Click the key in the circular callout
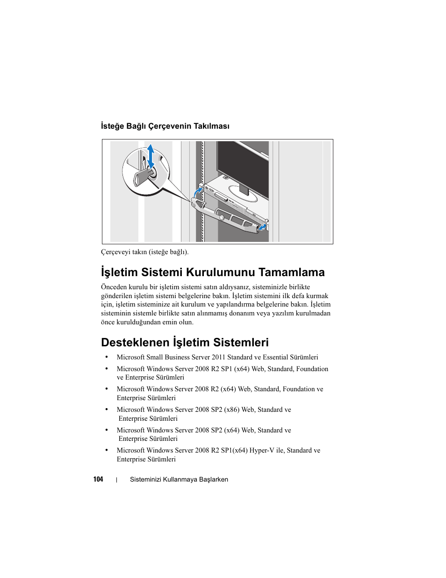pyautogui.click(x=142, y=177)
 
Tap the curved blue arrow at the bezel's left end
pyautogui.click(x=198, y=193)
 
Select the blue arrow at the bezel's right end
pyautogui.click(x=263, y=227)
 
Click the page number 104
pyautogui.click(x=98, y=479)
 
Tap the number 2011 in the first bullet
pyautogui.click(x=218, y=357)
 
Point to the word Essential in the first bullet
pyautogui.click(x=275, y=357)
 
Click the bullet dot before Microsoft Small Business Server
pyautogui.click(x=107, y=357)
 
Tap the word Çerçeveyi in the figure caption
pyautogui.click(x=115, y=252)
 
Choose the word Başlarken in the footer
pyautogui.click(x=214, y=479)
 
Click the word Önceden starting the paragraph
pyautogui.click(x=114, y=287)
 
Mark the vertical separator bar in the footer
pyautogui.click(x=116, y=480)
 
